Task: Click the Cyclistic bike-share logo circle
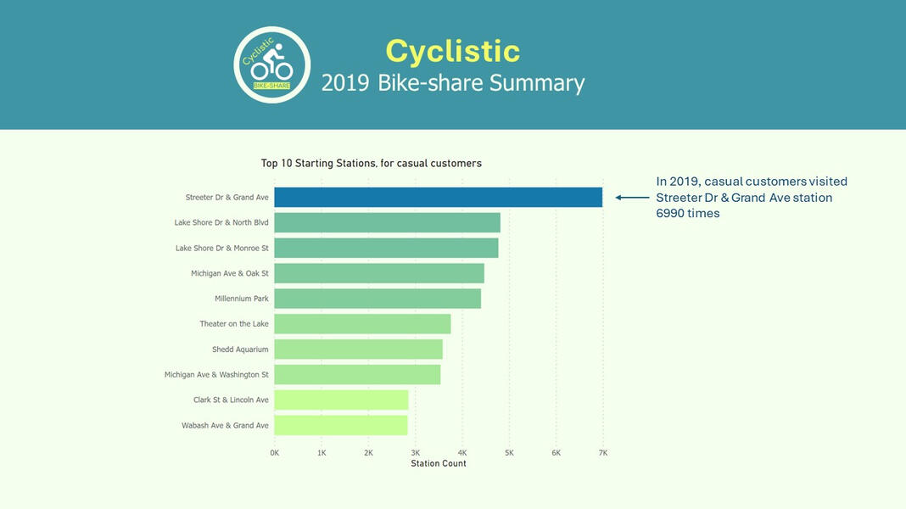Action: coord(272,65)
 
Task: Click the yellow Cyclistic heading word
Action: coord(452,51)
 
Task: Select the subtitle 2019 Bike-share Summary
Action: coord(452,83)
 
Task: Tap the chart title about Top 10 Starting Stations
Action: coord(371,163)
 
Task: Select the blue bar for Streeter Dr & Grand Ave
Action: coord(438,198)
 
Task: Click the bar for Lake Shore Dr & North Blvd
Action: coord(387,222)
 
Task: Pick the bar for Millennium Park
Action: coord(377,299)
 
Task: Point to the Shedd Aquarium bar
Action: coord(358,350)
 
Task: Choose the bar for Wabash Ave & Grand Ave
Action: coord(341,425)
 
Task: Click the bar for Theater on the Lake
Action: coord(362,324)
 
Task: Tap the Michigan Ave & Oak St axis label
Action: coord(229,273)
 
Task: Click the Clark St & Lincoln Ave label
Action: coord(231,400)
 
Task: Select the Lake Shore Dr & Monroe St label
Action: coord(221,248)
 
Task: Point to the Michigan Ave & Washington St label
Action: coord(216,374)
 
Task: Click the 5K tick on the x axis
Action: coord(509,453)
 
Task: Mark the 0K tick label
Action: coord(275,453)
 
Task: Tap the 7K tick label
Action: coord(603,453)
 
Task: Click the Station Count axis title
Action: coord(439,464)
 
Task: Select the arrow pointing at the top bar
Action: coord(631,198)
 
